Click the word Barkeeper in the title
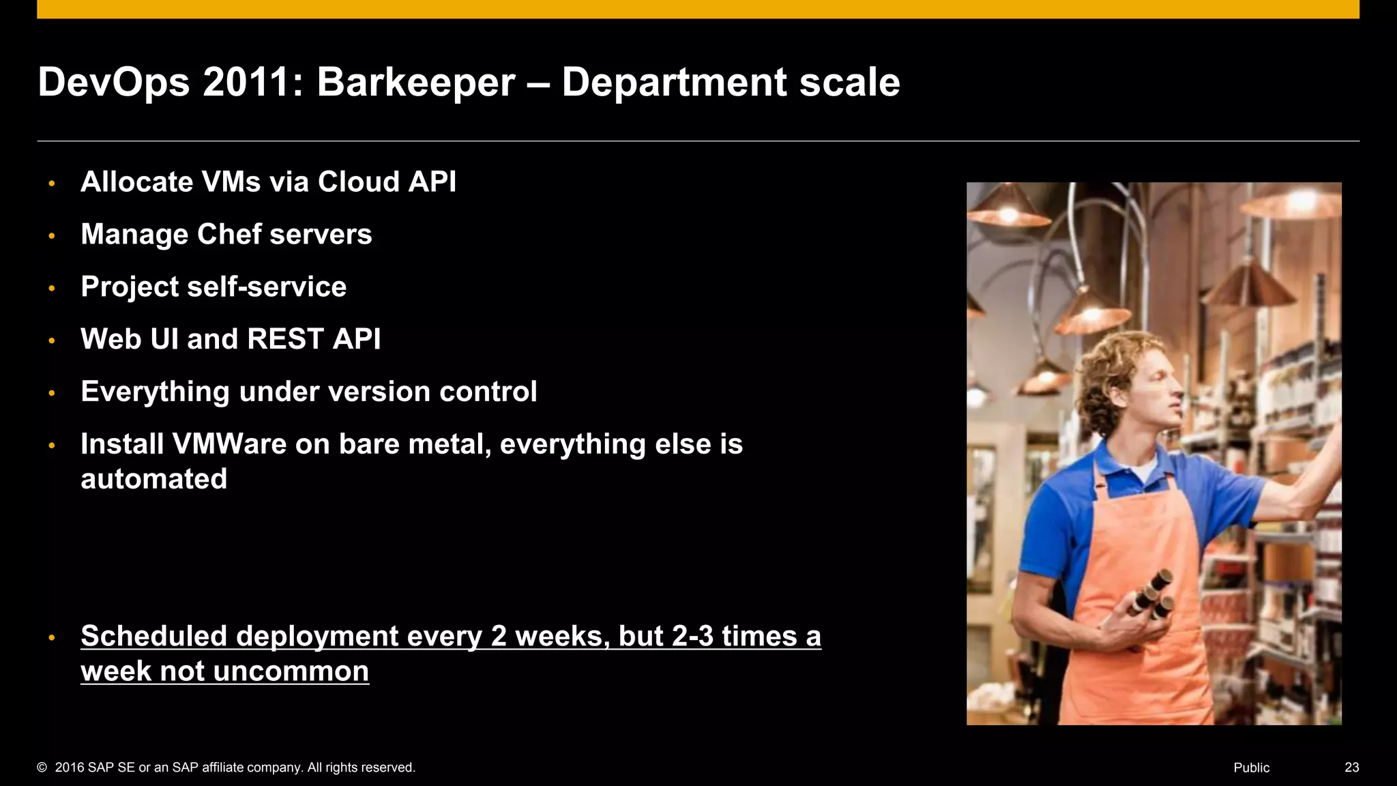point(415,83)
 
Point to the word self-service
point(267,287)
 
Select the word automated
point(153,479)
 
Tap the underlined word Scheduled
point(153,636)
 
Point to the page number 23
point(1351,768)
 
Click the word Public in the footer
point(1251,768)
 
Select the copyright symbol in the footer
point(42,768)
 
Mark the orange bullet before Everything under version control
point(52,393)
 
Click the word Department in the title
point(674,83)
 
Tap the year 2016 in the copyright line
point(70,768)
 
